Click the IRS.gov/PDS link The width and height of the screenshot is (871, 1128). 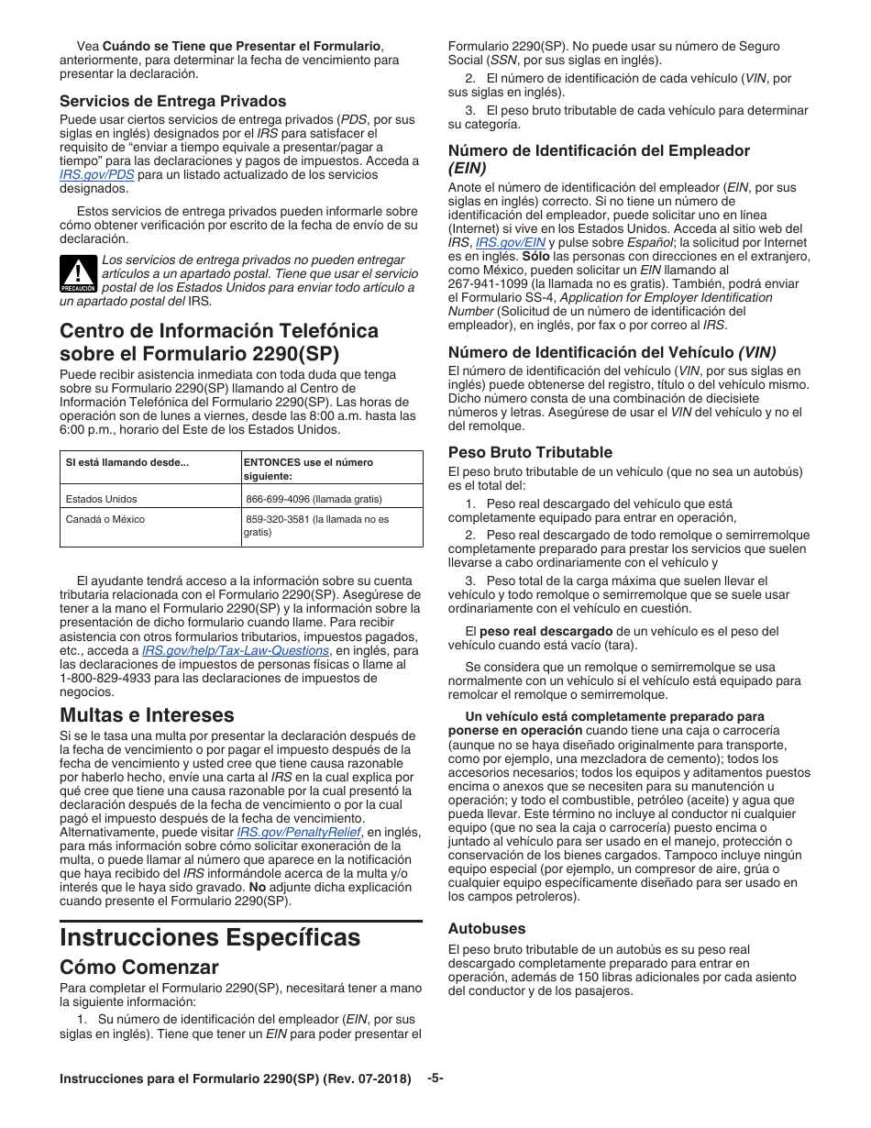tap(96, 175)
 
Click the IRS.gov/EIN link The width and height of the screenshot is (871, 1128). tap(511, 243)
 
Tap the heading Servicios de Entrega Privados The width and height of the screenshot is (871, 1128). tap(173, 102)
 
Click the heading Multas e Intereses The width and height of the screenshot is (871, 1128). tap(147, 714)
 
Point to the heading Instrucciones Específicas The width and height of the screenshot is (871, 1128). tap(210, 937)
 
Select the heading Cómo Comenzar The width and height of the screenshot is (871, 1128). tap(139, 968)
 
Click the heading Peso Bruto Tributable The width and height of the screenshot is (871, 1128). tap(530, 452)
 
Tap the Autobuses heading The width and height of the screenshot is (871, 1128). tap(487, 928)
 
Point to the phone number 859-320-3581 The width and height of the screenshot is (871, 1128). tap(278, 519)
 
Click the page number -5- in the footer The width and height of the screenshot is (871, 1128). tap(435, 1078)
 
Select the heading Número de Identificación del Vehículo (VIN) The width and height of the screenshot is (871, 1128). tap(612, 352)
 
